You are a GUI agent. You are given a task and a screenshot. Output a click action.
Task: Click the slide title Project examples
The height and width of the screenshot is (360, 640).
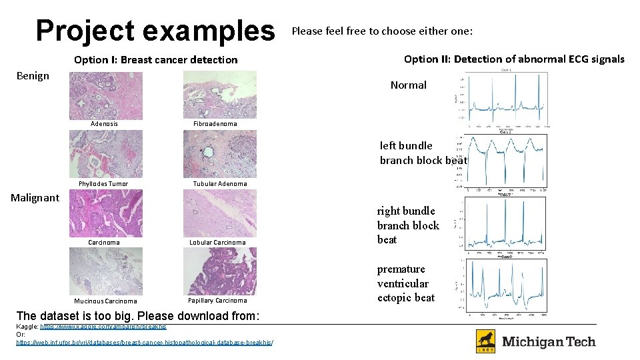(155, 31)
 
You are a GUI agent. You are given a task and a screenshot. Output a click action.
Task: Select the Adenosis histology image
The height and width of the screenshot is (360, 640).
(105, 95)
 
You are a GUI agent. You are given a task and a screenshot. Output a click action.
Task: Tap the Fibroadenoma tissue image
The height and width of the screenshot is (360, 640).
(219, 95)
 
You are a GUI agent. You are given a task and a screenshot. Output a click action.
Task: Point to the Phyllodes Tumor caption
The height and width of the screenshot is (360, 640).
(103, 184)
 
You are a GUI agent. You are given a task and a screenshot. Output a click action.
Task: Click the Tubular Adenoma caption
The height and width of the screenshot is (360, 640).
(220, 184)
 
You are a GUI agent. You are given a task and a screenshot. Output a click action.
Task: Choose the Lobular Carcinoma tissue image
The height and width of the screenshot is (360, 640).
(219, 213)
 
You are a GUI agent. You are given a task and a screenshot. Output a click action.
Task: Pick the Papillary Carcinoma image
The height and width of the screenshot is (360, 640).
(219, 271)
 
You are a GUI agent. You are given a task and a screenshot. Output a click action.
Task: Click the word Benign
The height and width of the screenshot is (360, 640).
(33, 76)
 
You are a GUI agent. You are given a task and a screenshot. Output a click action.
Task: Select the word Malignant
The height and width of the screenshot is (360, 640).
(35, 197)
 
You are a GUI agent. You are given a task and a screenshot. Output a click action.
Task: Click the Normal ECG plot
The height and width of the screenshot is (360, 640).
(504, 100)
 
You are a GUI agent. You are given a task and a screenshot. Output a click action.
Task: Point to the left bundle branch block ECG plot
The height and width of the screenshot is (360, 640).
(504, 161)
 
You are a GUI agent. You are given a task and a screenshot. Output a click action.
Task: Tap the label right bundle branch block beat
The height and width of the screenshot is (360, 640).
(408, 225)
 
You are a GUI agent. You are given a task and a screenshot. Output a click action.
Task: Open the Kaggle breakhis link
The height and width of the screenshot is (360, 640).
(103, 327)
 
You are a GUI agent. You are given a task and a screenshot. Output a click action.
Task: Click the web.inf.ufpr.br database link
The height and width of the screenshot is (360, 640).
(144, 343)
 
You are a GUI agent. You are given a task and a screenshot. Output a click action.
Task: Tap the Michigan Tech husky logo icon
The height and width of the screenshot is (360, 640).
(485, 341)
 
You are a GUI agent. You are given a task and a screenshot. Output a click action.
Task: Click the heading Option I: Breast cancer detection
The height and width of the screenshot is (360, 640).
(155, 60)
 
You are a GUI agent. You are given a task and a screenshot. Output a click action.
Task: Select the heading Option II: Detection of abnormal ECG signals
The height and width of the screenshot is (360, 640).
(514, 59)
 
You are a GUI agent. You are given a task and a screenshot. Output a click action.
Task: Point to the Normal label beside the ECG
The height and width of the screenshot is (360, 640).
(408, 85)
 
